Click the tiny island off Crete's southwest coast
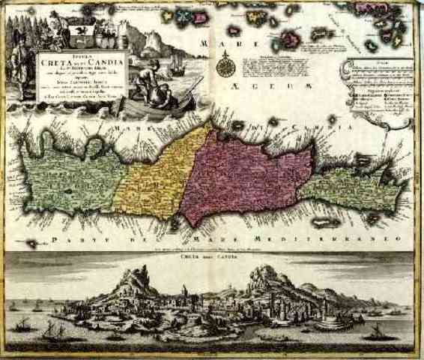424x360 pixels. click(32, 244)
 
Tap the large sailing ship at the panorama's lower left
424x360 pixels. click(52, 330)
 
